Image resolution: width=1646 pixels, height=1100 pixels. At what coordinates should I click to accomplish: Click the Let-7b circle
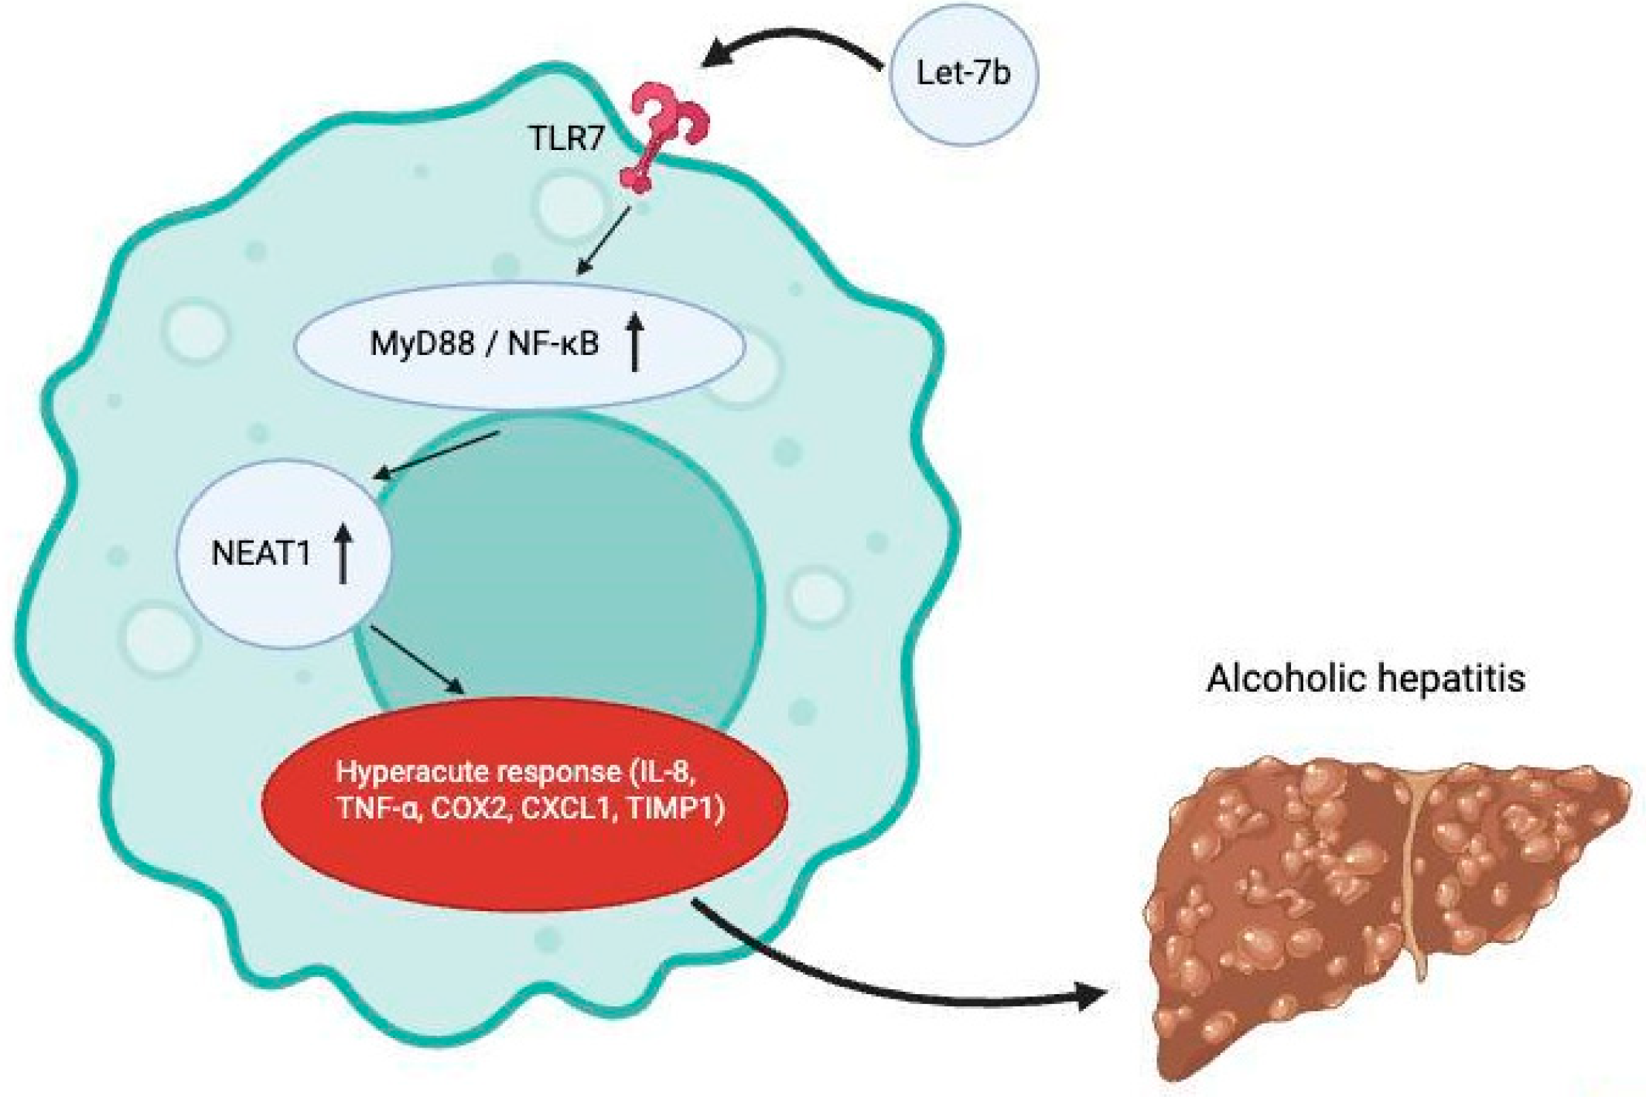pos(962,74)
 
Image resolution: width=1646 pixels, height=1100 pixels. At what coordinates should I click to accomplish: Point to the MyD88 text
pos(422,343)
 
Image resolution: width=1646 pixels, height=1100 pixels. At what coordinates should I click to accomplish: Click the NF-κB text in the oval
pos(553,343)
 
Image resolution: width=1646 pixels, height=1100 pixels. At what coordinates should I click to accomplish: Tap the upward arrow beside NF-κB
pos(634,342)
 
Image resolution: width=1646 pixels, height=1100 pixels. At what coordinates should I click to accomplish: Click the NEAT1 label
pos(261,554)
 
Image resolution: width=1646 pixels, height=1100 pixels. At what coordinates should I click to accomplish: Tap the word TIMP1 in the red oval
pos(674,809)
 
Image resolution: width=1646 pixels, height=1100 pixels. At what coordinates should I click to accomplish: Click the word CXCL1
pos(569,809)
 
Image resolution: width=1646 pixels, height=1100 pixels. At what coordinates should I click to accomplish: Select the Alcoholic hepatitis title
pos(1366,679)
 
